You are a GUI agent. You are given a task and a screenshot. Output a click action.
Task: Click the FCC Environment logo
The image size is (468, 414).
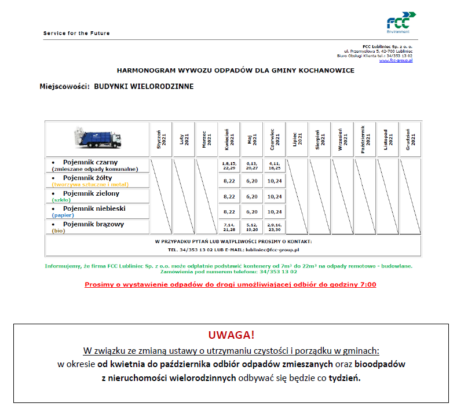399,22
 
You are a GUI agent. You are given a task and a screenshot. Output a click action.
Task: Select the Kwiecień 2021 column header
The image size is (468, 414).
229,140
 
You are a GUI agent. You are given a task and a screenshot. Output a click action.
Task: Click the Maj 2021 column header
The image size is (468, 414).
252,140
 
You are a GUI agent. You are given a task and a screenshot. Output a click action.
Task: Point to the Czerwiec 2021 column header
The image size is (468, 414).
275,140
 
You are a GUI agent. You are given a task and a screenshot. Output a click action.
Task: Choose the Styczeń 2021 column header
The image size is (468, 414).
161,140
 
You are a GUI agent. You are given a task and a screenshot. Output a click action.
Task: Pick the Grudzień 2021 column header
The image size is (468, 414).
410,140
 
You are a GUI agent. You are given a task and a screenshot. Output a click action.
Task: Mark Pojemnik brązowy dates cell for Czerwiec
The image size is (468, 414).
275,226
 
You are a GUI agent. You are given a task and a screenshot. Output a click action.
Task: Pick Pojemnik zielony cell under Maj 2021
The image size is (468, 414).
252,196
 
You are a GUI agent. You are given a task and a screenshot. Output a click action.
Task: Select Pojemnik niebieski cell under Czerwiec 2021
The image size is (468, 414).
275,211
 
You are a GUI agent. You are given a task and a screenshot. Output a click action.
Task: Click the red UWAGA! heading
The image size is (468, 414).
231,335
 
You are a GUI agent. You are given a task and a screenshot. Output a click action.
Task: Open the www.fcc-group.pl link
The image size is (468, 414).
396,60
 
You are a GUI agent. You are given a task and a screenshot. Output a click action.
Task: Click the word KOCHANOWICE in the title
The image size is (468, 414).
326,71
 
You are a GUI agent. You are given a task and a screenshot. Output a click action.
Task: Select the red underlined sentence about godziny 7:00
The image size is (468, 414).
231,285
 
